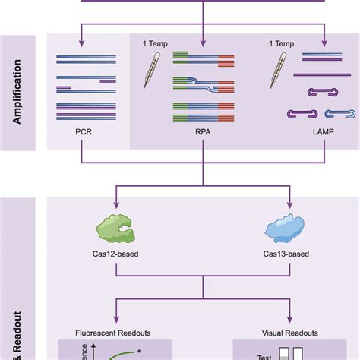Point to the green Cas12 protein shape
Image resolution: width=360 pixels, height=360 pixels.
115,229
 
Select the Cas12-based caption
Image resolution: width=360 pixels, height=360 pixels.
115,258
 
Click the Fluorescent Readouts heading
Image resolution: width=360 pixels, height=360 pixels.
115,333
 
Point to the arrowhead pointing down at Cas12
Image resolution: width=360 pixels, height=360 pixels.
115,205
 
